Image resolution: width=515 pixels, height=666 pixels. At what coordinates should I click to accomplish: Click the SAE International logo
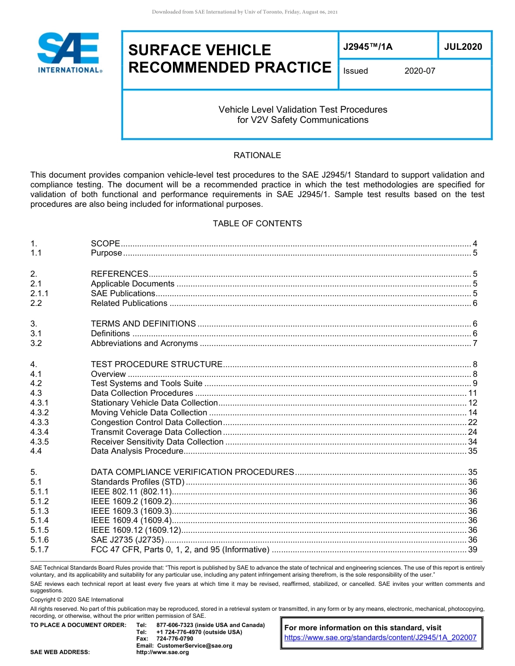tap(69, 53)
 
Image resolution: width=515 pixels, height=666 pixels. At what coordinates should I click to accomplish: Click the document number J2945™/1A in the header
tap(368, 47)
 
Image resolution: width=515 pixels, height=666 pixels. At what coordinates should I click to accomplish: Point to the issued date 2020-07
tap(420, 71)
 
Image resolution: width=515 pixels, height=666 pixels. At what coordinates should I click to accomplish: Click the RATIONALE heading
tap(257, 155)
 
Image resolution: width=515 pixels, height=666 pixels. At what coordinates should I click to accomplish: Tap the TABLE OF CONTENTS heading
tap(257, 224)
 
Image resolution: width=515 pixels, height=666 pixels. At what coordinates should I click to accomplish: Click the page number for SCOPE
tap(475, 244)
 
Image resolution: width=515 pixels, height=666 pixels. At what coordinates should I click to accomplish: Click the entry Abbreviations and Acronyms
tap(144, 343)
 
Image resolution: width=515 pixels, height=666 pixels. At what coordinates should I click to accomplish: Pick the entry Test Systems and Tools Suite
tap(146, 383)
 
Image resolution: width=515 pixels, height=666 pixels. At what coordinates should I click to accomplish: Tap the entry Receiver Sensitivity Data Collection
tap(157, 442)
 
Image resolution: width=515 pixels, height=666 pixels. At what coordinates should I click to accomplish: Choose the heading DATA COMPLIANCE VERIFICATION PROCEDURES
tap(192, 472)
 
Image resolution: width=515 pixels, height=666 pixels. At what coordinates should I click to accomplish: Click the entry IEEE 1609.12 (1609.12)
tap(135, 530)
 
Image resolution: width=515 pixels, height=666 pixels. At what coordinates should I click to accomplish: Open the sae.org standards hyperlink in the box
tap(380, 638)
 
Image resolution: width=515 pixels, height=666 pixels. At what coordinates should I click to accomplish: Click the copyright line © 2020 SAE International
tap(77, 599)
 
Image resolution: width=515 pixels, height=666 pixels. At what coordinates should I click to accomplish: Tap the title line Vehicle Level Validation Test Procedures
tap(302, 109)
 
